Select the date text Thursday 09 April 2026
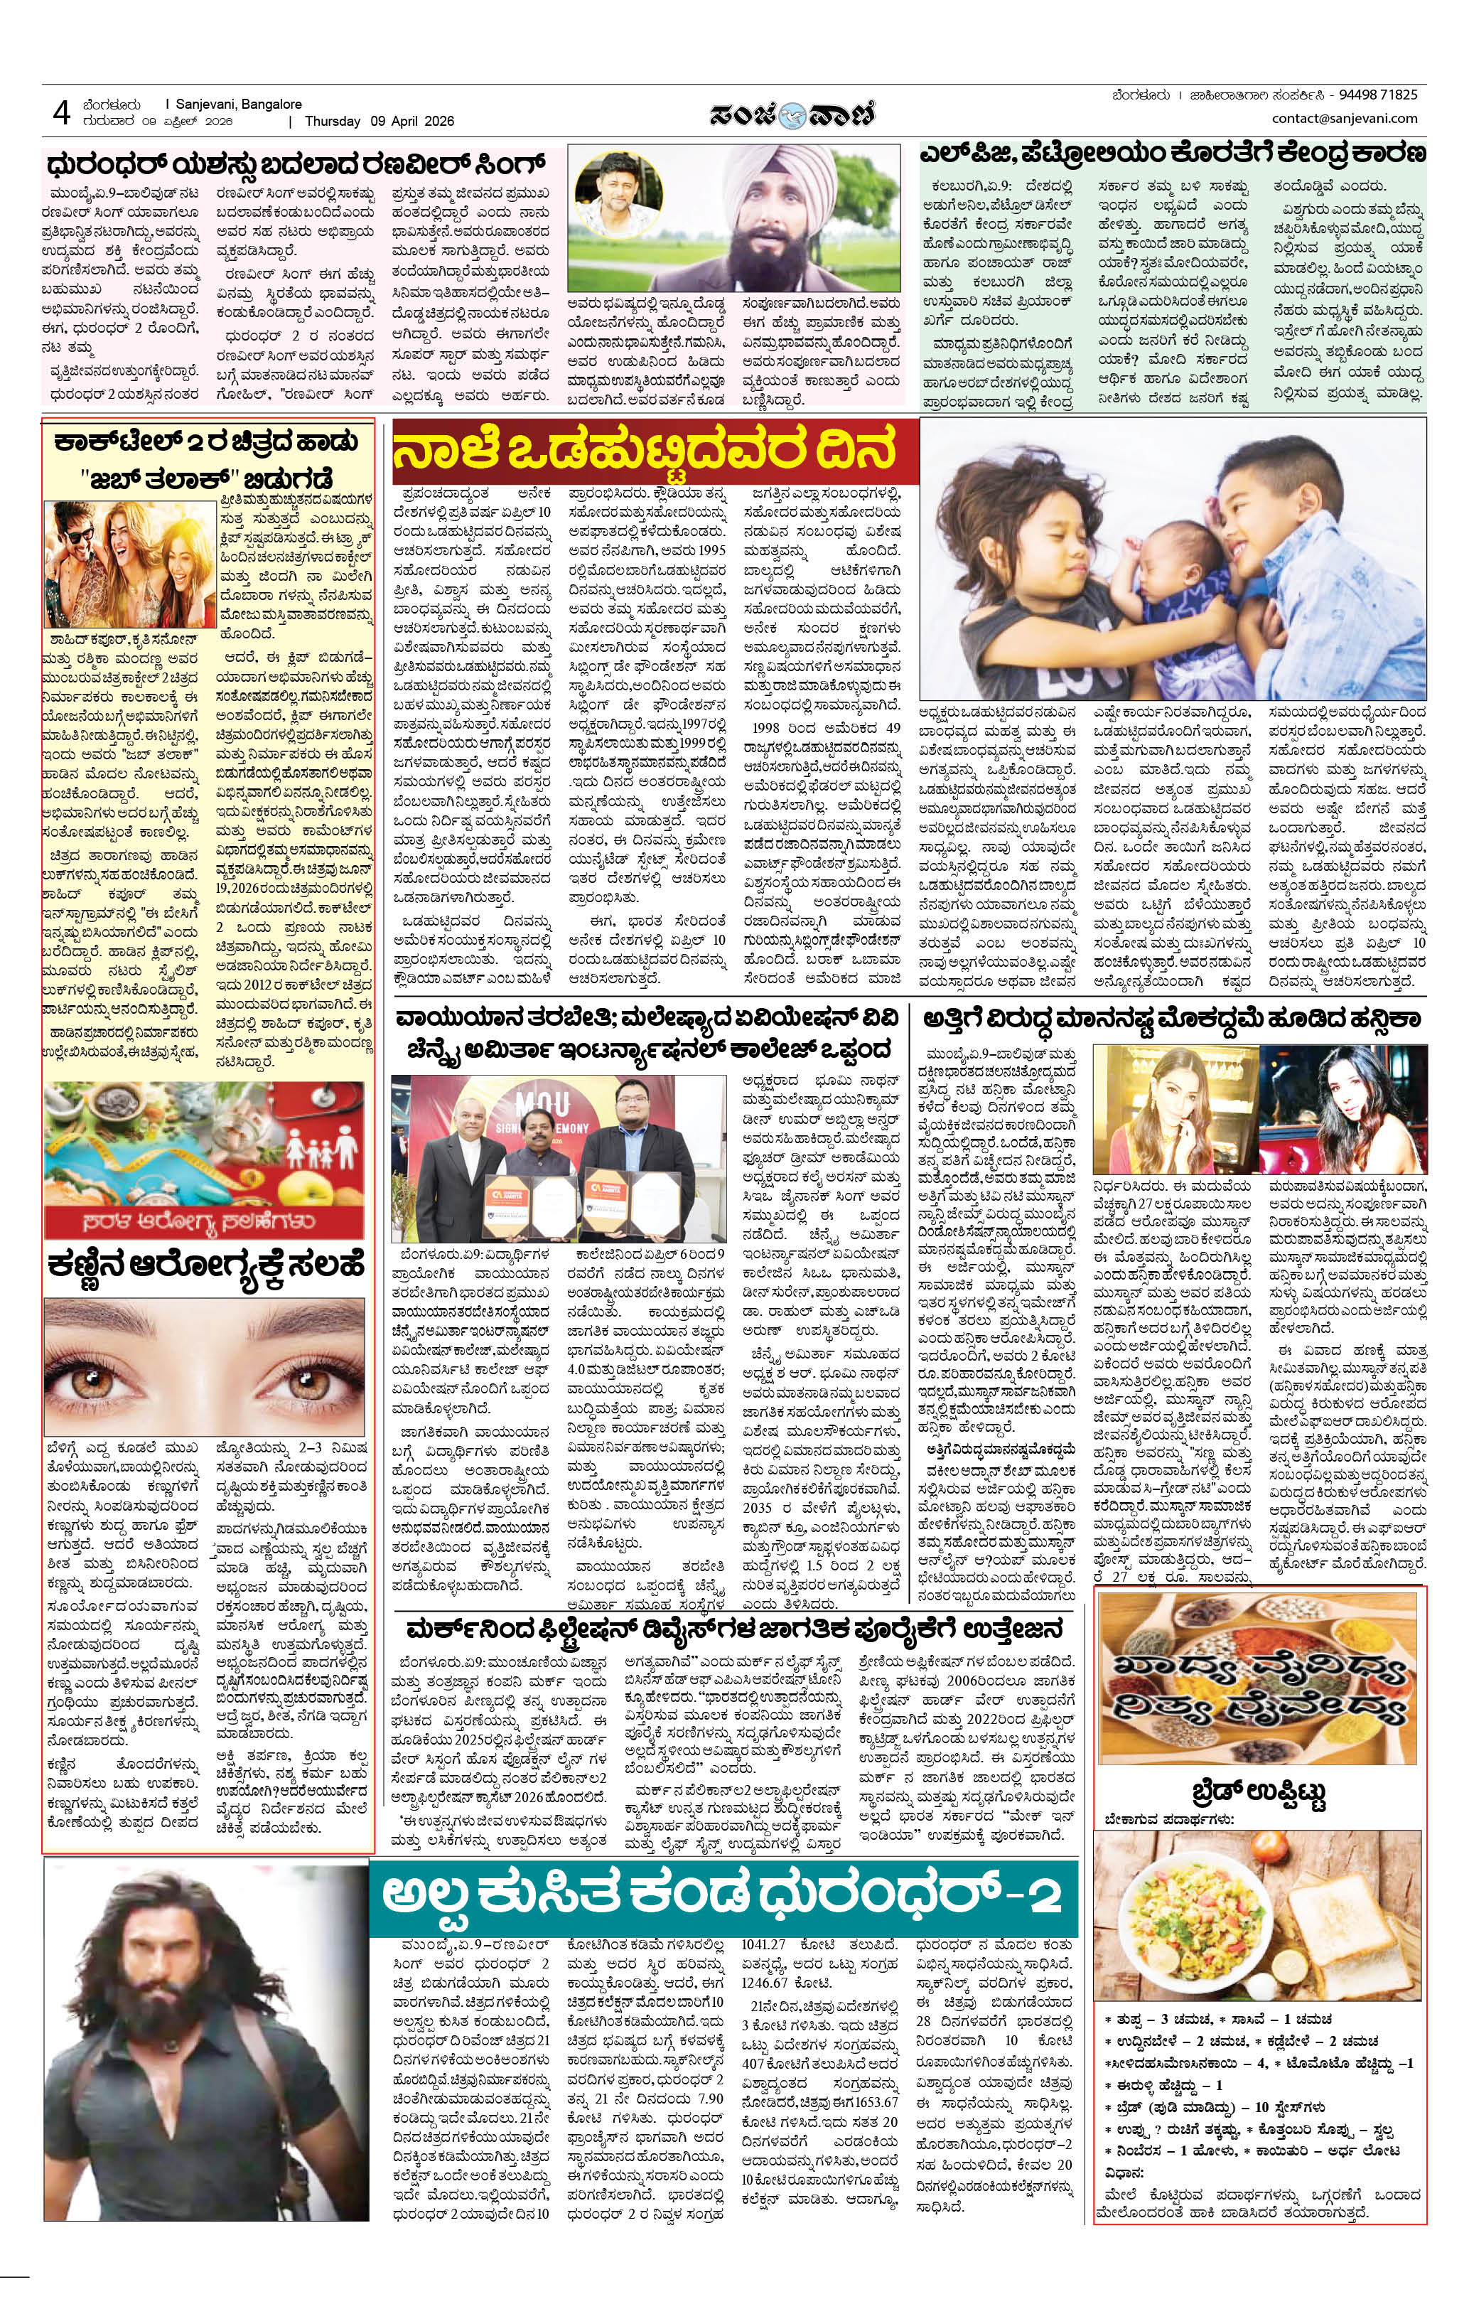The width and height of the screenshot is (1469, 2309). pos(379,122)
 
